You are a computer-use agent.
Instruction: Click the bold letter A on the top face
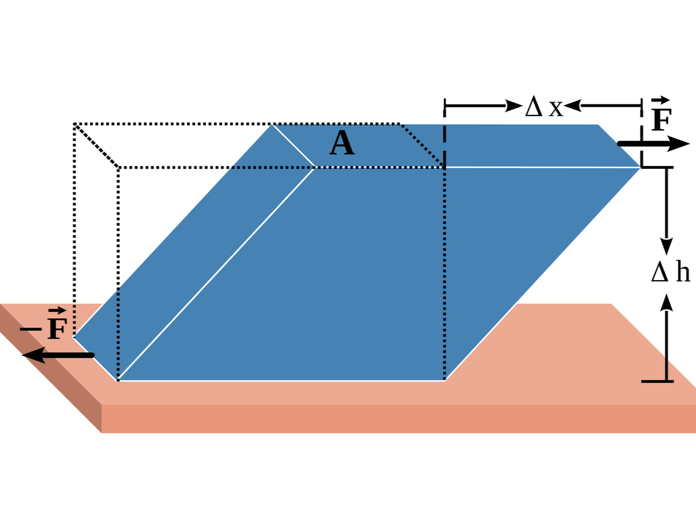point(342,144)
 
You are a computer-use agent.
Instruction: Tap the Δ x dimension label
point(543,107)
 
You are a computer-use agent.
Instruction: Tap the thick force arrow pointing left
point(58,355)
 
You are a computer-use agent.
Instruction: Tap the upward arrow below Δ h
point(666,336)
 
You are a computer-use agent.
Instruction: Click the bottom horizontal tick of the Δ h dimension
point(657,381)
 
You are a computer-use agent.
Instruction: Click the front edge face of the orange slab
point(394,419)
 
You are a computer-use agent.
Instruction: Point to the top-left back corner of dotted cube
point(75,124)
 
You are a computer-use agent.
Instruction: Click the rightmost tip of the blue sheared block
point(639,167)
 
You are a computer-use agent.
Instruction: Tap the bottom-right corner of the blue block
point(444,380)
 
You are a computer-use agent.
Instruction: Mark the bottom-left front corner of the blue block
point(118,380)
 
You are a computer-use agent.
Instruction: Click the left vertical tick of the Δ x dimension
point(444,106)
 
